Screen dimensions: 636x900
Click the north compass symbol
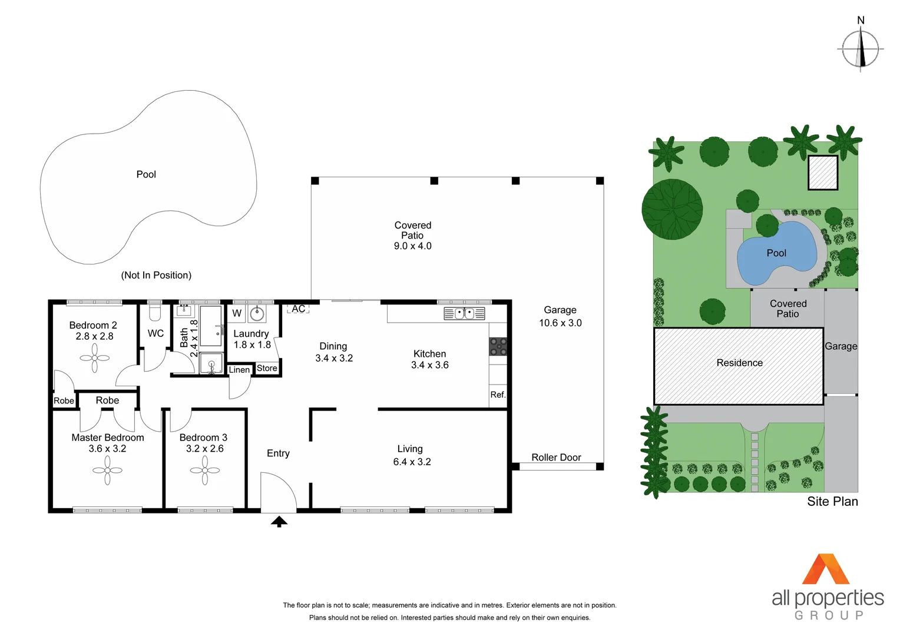pos(861,49)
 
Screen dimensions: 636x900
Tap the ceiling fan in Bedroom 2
pos(94,357)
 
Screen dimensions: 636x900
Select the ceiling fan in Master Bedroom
pos(107,470)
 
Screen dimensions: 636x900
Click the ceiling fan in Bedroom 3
pos(204,470)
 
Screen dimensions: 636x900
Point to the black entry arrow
pos(279,521)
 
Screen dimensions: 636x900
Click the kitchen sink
pos(464,313)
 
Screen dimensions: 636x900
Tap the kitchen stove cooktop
pos(498,346)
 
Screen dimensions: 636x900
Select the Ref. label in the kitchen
pos(498,395)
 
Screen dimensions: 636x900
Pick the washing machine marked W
pos(237,313)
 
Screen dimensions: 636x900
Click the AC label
pos(298,309)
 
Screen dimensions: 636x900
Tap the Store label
pos(267,368)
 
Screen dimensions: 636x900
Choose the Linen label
pos(239,370)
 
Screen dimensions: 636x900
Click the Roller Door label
pos(556,458)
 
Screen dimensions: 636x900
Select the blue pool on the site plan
pos(776,253)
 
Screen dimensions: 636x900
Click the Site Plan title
pos(832,501)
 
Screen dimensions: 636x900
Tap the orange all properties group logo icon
pos(826,569)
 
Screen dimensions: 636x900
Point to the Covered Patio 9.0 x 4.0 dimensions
pos(412,246)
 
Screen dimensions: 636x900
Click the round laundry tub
pos(257,313)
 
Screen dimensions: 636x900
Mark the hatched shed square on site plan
pos(822,173)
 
